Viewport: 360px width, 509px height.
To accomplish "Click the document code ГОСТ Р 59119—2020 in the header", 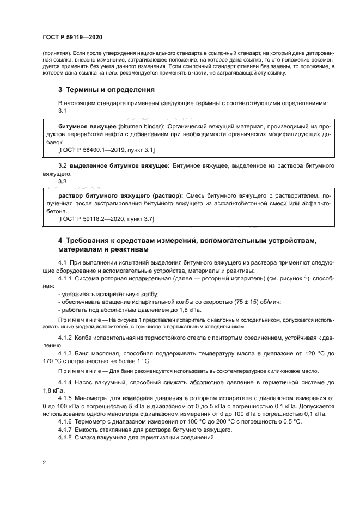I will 72,36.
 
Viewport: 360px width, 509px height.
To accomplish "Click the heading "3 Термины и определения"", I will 106,89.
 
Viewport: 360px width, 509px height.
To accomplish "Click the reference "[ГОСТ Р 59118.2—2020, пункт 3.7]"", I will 106,218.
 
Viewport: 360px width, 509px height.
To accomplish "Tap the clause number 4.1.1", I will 65,278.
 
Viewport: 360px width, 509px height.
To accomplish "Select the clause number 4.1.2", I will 65,338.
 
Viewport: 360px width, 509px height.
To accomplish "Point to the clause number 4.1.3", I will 65,353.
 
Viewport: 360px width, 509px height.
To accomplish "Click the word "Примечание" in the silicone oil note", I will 78,371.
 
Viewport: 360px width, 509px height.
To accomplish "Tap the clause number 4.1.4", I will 65,383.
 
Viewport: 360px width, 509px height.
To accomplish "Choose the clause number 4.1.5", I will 65,398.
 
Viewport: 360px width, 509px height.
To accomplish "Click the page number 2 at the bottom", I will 44,462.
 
